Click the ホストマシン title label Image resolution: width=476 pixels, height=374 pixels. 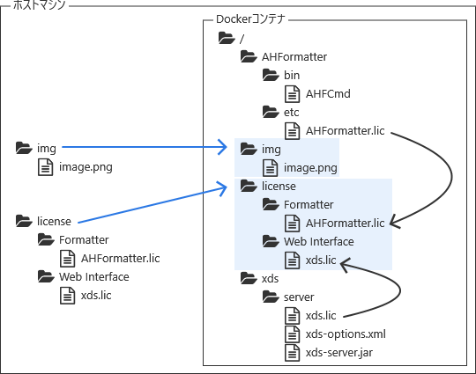pyautogui.click(x=40, y=6)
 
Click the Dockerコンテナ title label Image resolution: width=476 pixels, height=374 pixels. pyautogui.click(x=254, y=19)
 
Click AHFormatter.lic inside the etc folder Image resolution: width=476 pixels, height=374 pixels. pyautogui.click(x=345, y=131)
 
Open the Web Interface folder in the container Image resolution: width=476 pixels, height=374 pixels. pyautogui.click(x=318, y=241)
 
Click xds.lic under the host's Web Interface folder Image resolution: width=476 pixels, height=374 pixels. pyautogui.click(x=95, y=296)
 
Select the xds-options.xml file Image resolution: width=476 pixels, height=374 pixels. pyautogui.click(x=345, y=334)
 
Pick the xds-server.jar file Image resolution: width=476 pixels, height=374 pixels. pyautogui.click(x=338, y=353)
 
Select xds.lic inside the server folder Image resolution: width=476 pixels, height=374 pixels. pyautogui.click(x=321, y=316)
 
